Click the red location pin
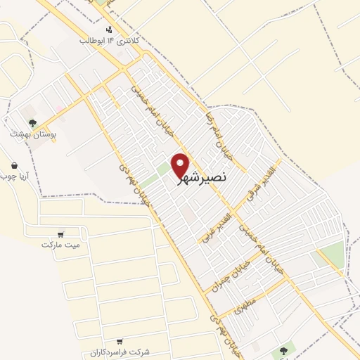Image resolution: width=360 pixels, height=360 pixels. click(181, 165)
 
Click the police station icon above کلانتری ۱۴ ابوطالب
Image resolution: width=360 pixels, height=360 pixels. click(108, 30)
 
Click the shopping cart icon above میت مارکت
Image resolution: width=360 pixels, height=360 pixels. click(61, 234)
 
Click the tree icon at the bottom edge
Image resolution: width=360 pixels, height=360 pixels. click(283, 349)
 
